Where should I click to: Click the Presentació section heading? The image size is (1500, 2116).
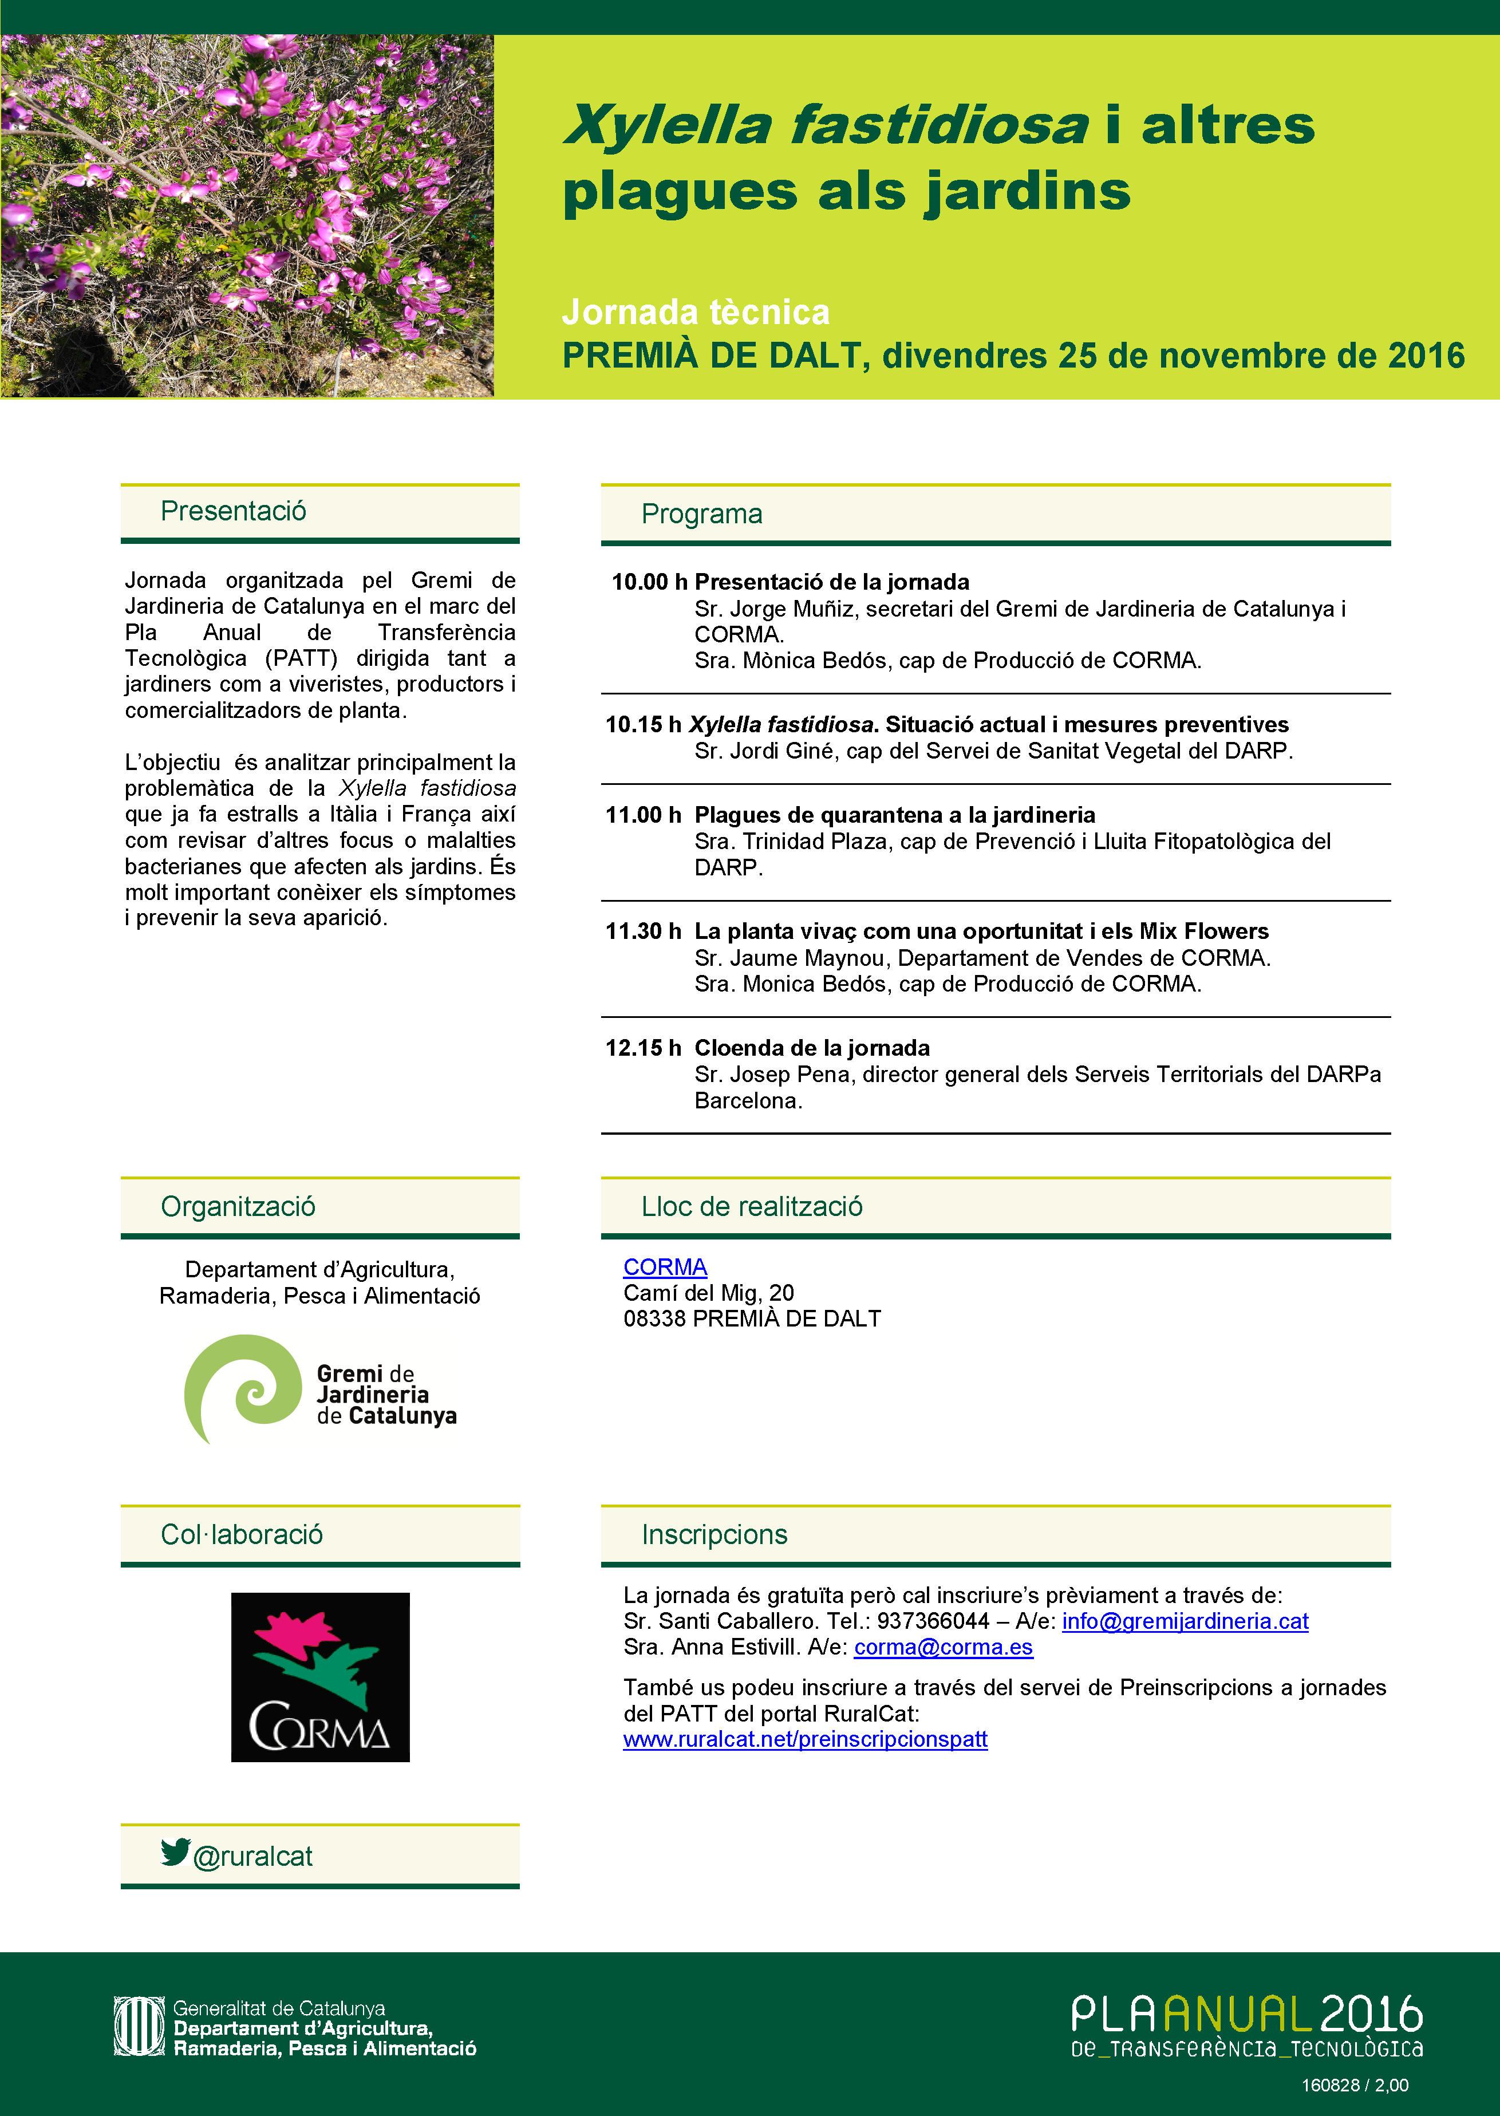[233, 511]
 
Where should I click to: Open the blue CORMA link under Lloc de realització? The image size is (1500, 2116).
[665, 1266]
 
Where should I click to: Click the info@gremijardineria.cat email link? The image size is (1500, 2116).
[1185, 1621]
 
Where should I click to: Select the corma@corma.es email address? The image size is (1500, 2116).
[943, 1647]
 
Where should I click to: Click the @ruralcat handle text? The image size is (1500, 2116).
[253, 1857]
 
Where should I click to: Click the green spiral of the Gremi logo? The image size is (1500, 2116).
[242, 1387]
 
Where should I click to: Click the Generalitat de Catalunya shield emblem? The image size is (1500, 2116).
[139, 2027]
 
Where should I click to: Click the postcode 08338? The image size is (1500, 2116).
[654, 1318]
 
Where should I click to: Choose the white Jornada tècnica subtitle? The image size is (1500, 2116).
[696, 312]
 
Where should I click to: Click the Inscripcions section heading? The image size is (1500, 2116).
[714, 1534]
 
